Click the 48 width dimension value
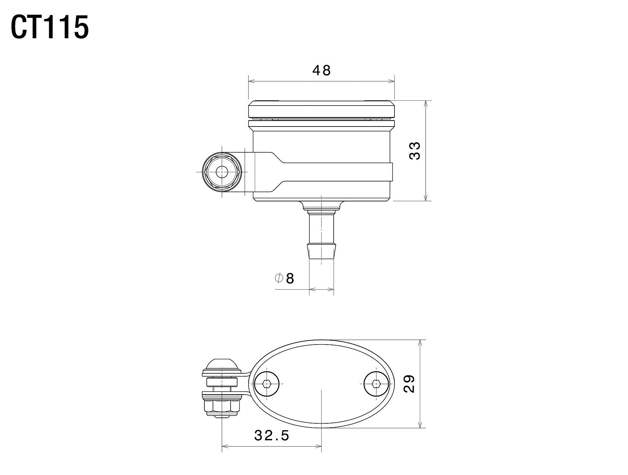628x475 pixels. pos(322,71)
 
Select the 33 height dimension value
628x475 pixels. pos(415,150)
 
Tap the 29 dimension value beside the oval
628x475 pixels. pos(409,384)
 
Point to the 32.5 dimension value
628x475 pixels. pos(271,435)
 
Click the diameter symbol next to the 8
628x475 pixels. pos(279,278)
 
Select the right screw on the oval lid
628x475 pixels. pos(377,384)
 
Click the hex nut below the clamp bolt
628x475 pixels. pos(222,407)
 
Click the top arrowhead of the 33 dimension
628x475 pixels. pos(426,104)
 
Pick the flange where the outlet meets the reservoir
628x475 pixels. pos(322,206)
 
